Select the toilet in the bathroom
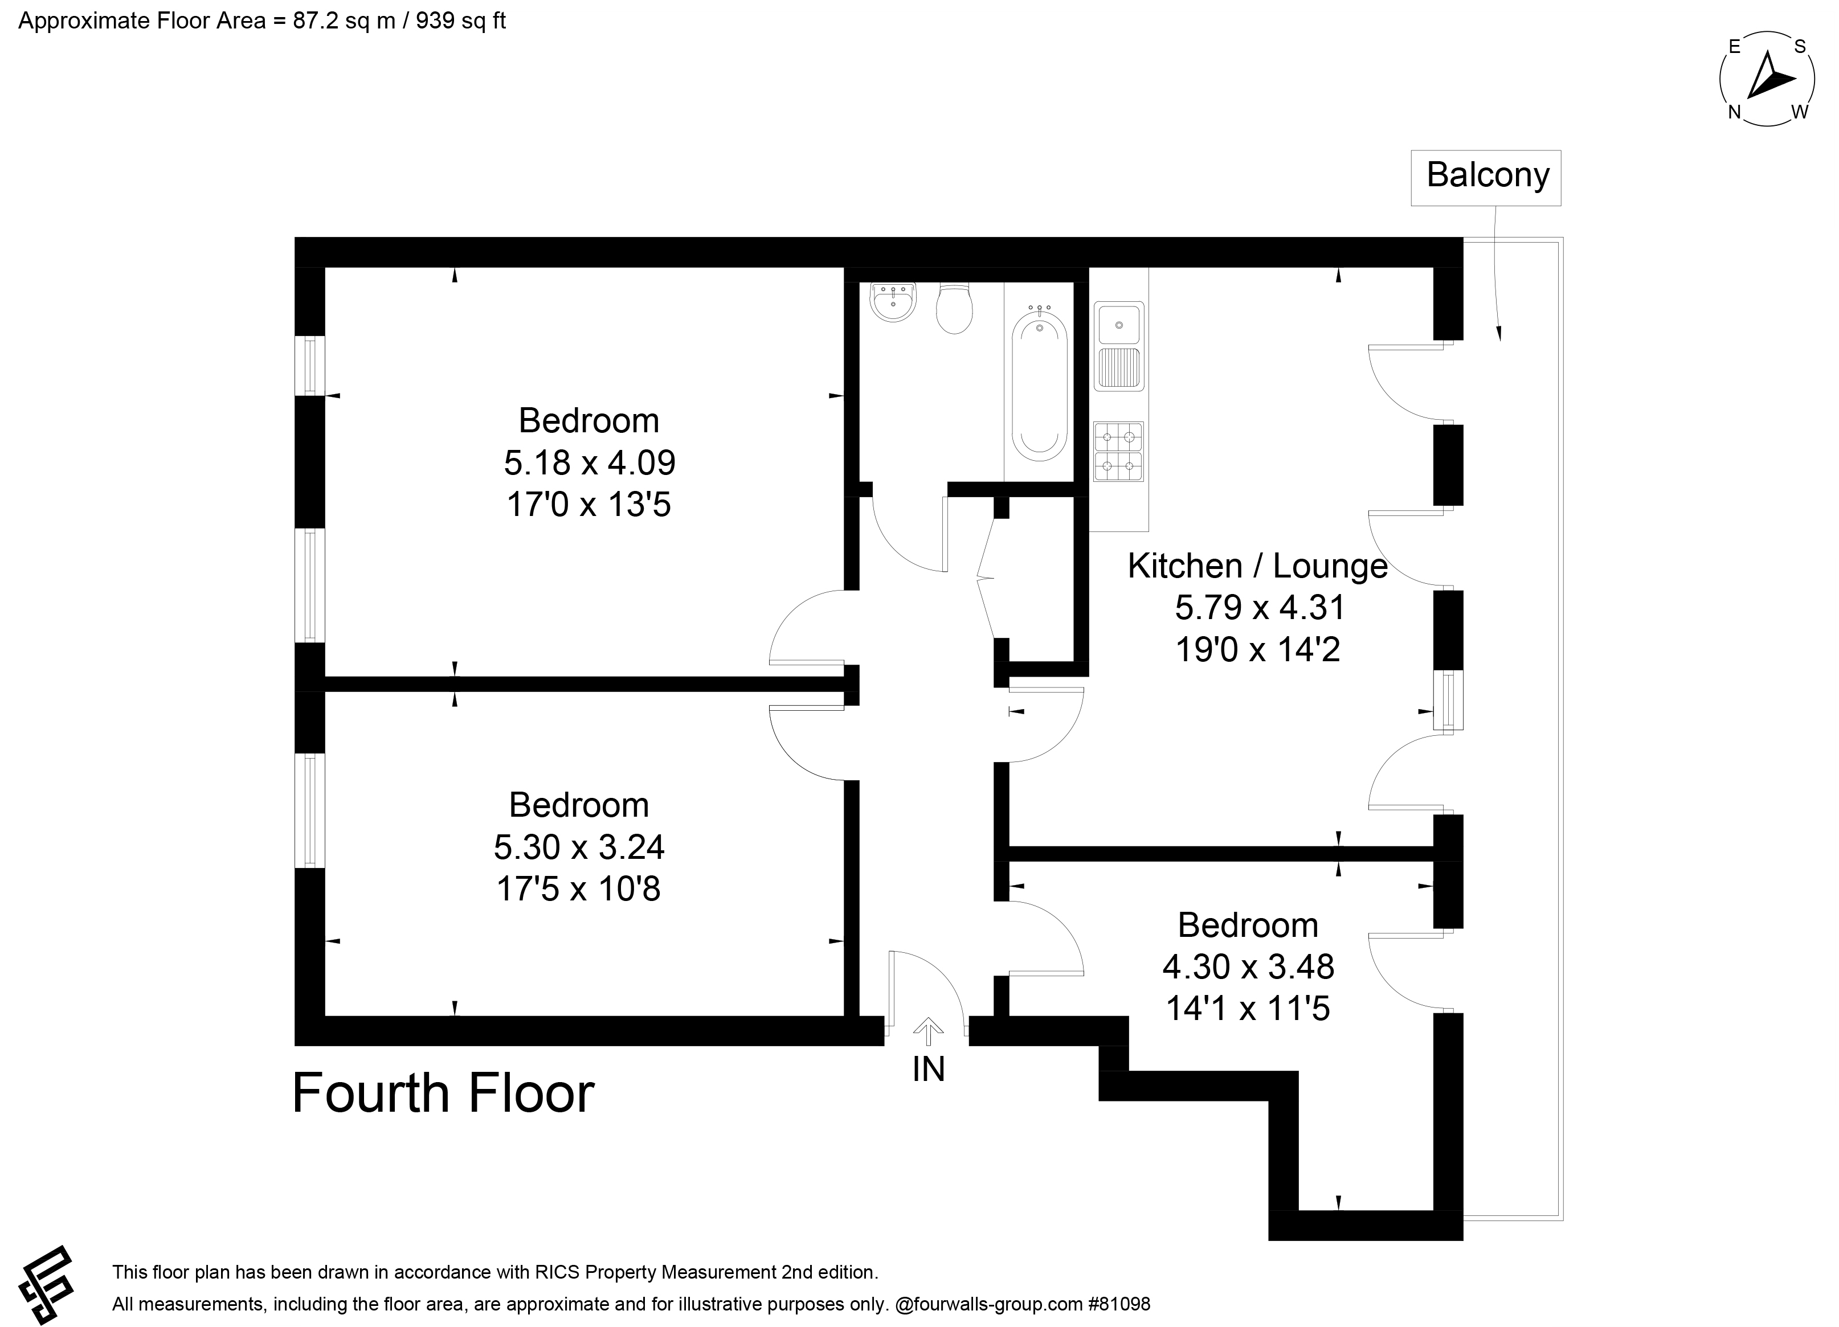954,308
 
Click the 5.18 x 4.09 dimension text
590,463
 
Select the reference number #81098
1119,1304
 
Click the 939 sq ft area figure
460,21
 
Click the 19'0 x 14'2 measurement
1258,649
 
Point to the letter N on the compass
1734,113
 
